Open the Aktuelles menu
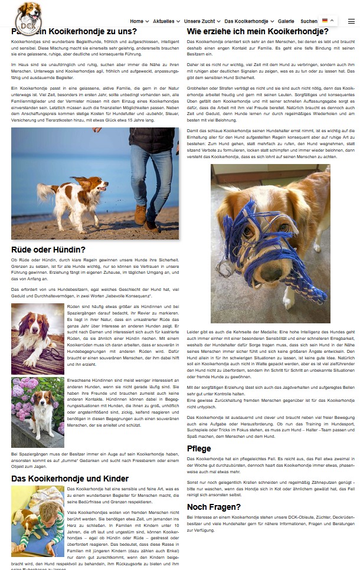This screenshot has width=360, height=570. [x=166, y=21]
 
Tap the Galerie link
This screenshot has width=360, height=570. [x=286, y=21]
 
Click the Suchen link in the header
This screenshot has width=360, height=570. [x=309, y=21]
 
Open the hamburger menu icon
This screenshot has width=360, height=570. [x=351, y=21]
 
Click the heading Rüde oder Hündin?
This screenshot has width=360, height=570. [x=48, y=250]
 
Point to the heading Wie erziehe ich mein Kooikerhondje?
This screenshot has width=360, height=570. [x=258, y=31]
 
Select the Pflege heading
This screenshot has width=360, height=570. [x=199, y=448]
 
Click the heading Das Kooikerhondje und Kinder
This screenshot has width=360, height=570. [x=70, y=479]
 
